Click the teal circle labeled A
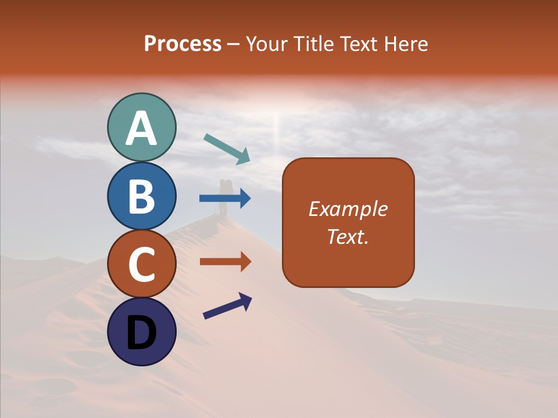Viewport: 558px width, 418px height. (x=141, y=127)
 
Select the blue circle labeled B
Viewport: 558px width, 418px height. (x=141, y=196)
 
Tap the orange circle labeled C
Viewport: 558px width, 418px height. (x=141, y=264)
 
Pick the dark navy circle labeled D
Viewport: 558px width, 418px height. (x=141, y=331)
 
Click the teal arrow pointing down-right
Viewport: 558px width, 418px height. (x=227, y=149)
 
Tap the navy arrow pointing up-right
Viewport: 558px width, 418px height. (x=227, y=306)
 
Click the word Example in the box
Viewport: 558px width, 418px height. (x=348, y=209)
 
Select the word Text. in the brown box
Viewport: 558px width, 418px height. (x=348, y=237)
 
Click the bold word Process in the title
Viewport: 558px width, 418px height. (x=183, y=44)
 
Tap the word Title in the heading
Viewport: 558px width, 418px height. (x=312, y=44)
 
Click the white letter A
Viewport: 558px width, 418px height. (x=141, y=128)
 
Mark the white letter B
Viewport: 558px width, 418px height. (x=141, y=196)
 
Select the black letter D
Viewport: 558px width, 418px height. (x=141, y=333)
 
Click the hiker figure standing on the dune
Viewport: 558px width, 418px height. (x=224, y=197)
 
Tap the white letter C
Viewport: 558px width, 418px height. (x=141, y=264)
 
